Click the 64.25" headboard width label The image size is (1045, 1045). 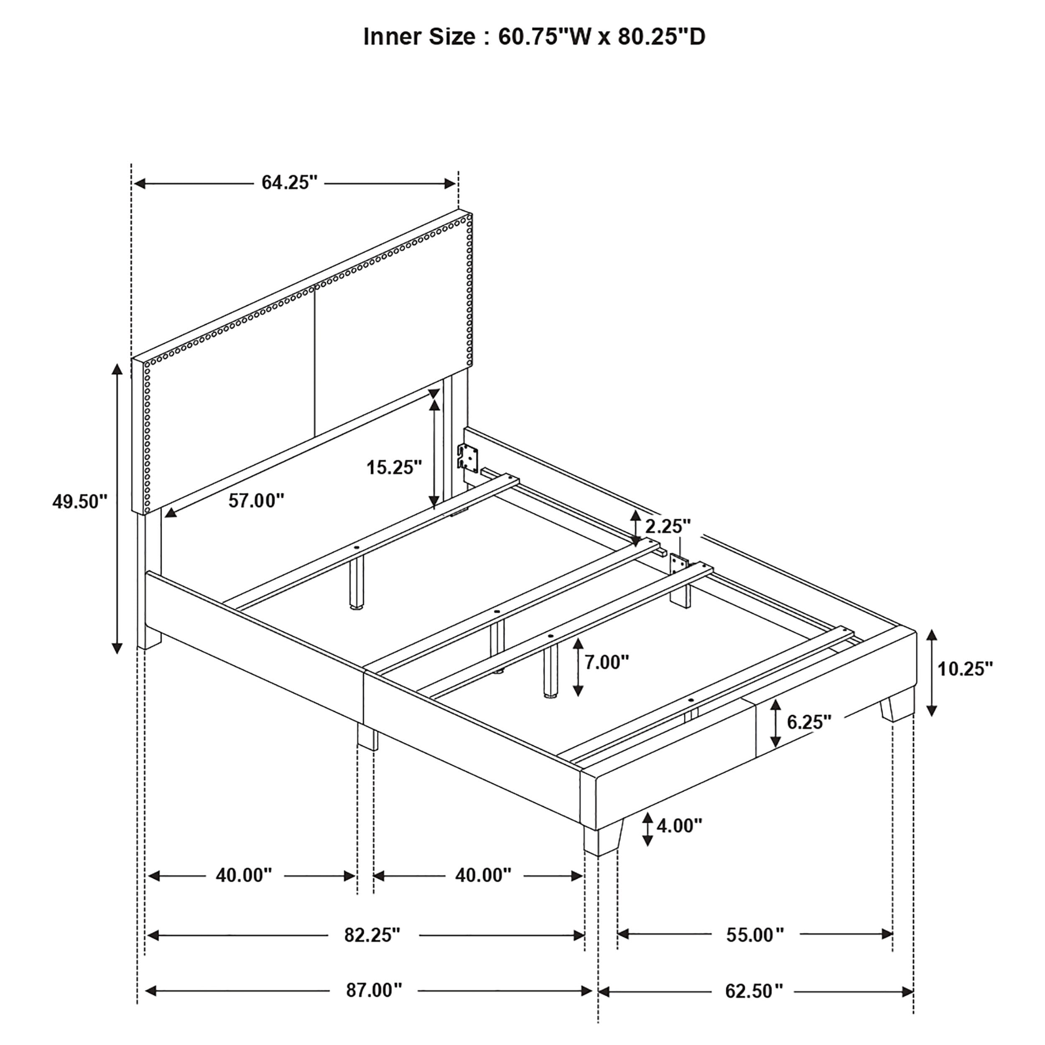point(289,183)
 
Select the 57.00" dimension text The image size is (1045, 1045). point(256,501)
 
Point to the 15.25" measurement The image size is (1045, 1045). point(394,467)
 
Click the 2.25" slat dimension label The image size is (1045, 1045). point(668,526)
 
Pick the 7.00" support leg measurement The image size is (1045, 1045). point(607,662)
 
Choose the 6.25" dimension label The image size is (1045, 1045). point(809,721)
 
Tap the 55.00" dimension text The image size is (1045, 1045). point(754,935)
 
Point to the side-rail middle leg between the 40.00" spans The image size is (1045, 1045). point(368,736)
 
